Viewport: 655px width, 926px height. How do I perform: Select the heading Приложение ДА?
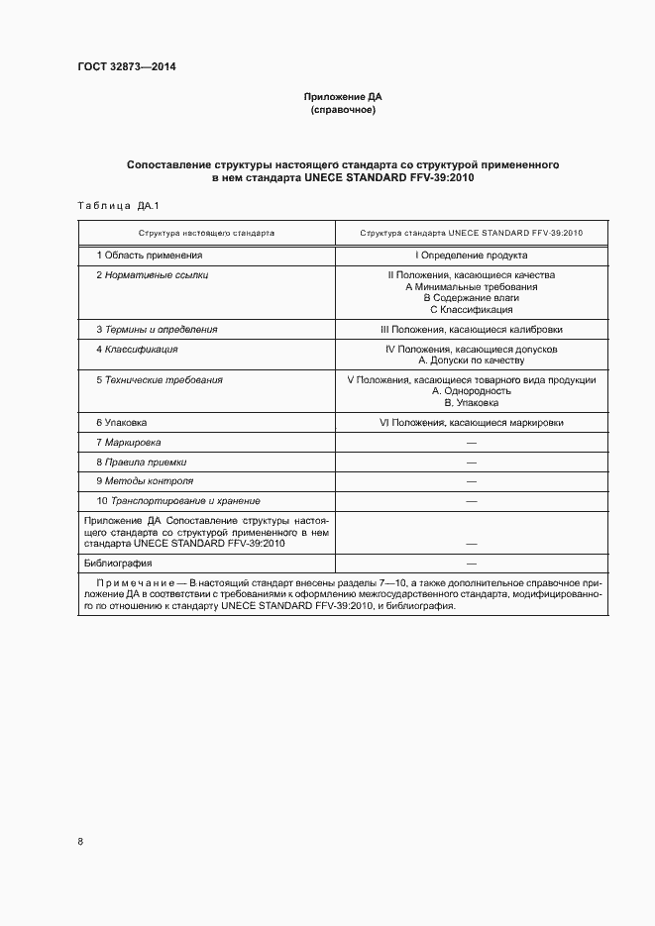pyautogui.click(x=342, y=97)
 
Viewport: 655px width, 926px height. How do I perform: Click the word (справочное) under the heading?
pyautogui.click(x=342, y=110)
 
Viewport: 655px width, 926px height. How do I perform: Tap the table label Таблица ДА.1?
pyautogui.click(x=118, y=206)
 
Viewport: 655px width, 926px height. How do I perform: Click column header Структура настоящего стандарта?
pyautogui.click(x=207, y=232)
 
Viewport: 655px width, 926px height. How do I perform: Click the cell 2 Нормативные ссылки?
pyautogui.click(x=153, y=274)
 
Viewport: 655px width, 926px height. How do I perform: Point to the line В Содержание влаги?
pyautogui.click(x=471, y=298)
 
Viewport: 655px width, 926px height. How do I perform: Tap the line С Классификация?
pyautogui.click(x=471, y=310)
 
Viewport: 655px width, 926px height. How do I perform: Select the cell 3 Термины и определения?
pyautogui.click(x=157, y=329)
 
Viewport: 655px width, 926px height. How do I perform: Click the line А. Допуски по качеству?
pyautogui.click(x=471, y=361)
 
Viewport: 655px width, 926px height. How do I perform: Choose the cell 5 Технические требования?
pyautogui.click(x=160, y=379)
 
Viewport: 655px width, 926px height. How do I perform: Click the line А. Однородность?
pyautogui.click(x=471, y=391)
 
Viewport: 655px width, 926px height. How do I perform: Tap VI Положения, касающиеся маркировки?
pyautogui.click(x=471, y=422)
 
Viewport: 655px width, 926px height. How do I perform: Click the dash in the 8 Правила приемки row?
pyautogui.click(x=471, y=463)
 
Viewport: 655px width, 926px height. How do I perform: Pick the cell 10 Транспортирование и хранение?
pyautogui.click(x=178, y=501)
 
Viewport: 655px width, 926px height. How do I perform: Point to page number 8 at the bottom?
pyautogui.click(x=80, y=841)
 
